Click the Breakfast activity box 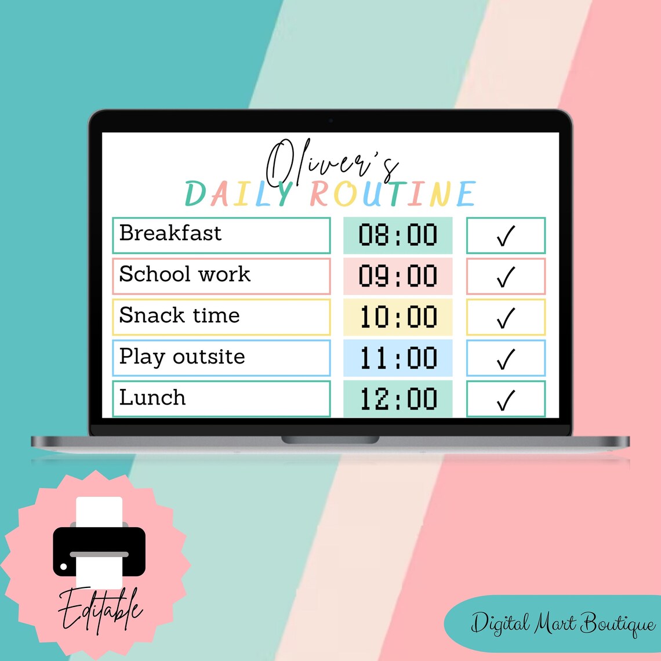click(221, 235)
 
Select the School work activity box click(221, 276)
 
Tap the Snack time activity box click(221, 317)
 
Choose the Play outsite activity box click(221, 358)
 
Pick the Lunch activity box click(221, 398)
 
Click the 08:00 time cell click(398, 235)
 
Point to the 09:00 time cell click(398, 276)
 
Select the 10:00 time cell click(398, 317)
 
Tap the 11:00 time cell click(398, 358)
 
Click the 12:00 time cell click(398, 398)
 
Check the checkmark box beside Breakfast click(506, 235)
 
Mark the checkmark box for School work click(506, 276)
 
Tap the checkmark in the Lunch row click(506, 399)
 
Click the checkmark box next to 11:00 click(506, 358)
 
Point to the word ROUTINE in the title click(393, 194)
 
